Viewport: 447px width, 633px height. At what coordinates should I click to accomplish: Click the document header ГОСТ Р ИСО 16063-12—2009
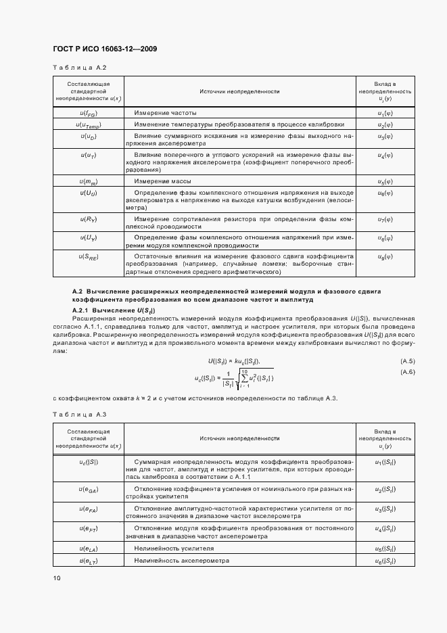click(105, 49)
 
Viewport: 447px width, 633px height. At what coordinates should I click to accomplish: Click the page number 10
click(57, 578)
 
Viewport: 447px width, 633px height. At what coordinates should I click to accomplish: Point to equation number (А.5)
click(407, 361)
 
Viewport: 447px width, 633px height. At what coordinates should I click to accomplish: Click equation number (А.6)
click(407, 373)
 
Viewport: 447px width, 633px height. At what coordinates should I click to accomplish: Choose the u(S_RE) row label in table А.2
click(89, 257)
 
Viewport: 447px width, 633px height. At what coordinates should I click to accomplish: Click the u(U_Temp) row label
click(89, 124)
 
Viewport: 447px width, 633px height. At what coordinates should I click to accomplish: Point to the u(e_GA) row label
click(89, 488)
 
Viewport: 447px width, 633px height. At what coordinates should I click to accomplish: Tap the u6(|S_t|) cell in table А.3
click(385, 561)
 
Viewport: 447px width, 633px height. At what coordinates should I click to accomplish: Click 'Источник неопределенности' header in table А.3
click(239, 438)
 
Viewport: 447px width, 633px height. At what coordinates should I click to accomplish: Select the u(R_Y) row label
click(89, 219)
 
